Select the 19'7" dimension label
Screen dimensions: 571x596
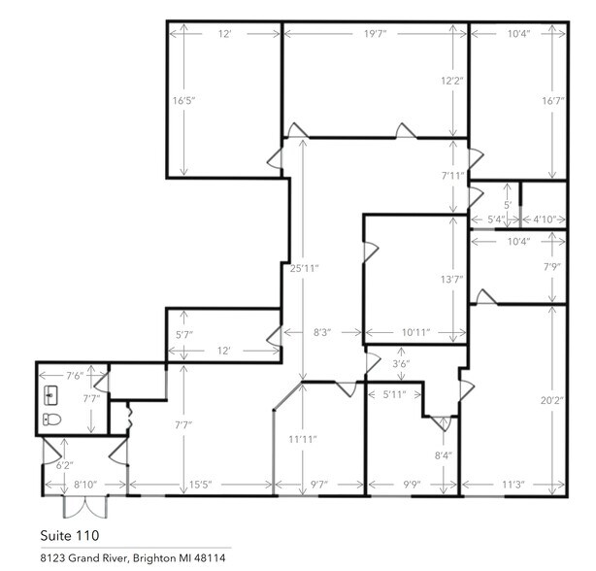(376, 34)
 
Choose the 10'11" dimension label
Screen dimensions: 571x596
(414, 332)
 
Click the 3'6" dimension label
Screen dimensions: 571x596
(400, 365)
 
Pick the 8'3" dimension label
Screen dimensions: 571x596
(322, 332)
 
